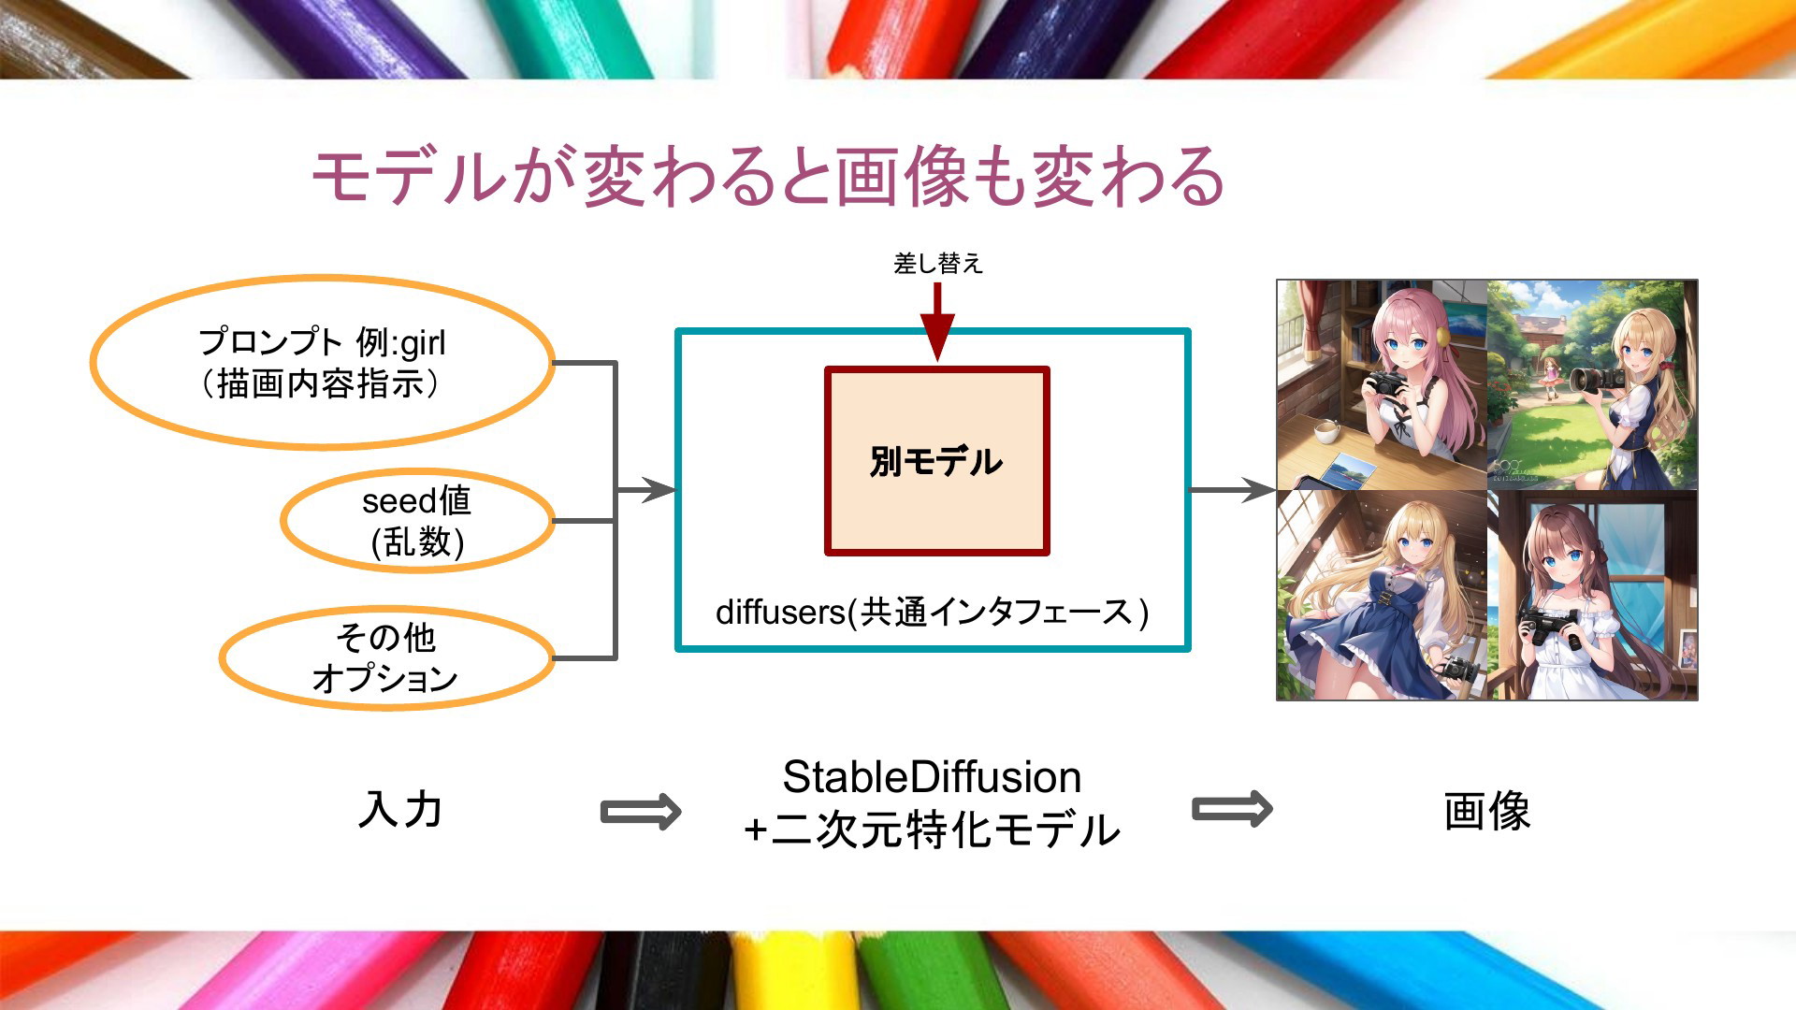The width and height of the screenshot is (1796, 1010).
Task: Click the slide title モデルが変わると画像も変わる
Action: pos(768,176)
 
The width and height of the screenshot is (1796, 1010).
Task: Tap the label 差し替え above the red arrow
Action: pos(938,264)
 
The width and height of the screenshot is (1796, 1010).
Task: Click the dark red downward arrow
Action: pos(937,322)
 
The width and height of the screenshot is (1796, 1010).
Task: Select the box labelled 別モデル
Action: pos(936,461)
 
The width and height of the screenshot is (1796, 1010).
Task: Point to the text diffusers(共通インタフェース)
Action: pos(932,612)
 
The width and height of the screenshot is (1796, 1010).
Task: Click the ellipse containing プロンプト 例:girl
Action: pos(323,363)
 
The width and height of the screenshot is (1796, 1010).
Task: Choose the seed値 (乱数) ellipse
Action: pos(417,521)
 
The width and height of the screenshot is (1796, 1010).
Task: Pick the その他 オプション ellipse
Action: pos(386,658)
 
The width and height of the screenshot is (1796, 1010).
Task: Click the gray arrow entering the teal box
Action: pos(645,489)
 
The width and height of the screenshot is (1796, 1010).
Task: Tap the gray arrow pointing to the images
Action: pos(1233,489)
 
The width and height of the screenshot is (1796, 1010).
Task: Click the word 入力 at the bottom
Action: pos(400,810)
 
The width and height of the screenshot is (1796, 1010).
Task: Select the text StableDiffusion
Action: pos(932,777)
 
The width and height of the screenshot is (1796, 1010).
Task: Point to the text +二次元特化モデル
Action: pos(932,830)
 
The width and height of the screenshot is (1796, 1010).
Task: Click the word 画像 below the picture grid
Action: pos(1486,811)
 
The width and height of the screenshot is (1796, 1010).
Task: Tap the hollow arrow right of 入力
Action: pos(641,811)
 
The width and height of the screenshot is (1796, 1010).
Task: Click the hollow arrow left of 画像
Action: pos(1232,809)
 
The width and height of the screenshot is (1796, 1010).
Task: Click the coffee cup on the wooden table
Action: pos(1325,431)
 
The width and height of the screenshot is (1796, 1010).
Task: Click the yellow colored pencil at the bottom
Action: pos(772,973)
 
